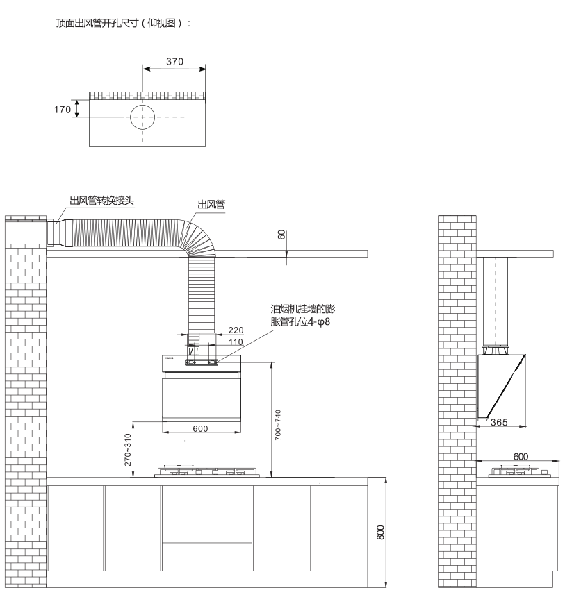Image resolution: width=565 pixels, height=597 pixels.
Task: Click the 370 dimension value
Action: coord(174,62)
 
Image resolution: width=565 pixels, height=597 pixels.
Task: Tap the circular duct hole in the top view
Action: coord(144,117)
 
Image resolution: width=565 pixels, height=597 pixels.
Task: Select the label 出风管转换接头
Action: coord(101,201)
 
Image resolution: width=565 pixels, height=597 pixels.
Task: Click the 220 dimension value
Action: coord(236,331)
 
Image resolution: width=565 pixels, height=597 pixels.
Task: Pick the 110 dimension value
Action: coord(236,342)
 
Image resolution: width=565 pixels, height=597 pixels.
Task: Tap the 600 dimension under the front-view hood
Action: coord(200,429)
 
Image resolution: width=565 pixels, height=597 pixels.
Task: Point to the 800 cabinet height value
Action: coord(380,532)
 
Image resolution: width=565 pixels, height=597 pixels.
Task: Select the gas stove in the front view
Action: coord(207,472)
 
